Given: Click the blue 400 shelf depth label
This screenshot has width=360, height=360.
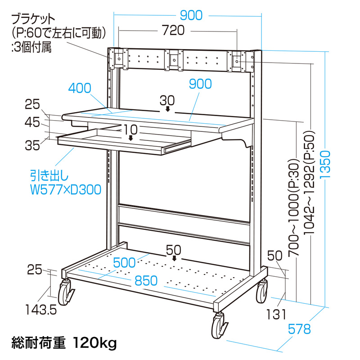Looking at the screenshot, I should click(81, 88).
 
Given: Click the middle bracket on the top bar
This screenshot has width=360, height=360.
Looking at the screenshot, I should click(173, 60).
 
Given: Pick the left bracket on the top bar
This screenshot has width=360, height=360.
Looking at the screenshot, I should click(117, 58).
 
